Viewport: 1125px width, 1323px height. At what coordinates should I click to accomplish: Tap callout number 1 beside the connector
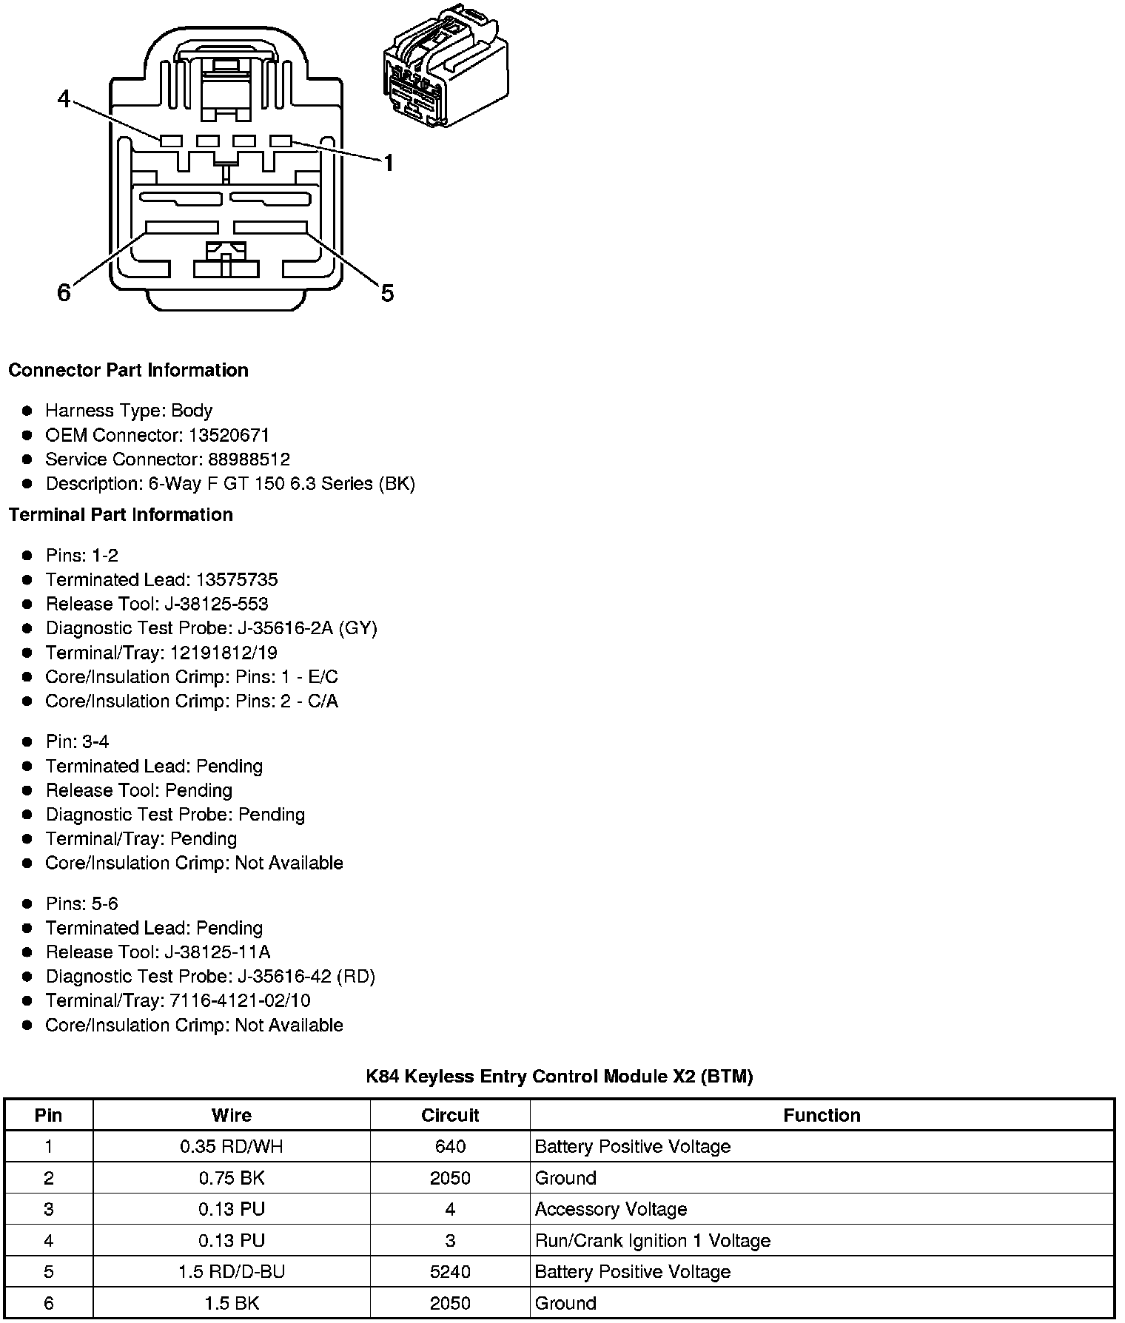[387, 163]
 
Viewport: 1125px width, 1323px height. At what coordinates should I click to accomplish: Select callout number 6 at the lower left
[64, 293]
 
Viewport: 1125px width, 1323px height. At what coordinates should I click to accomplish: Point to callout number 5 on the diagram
[387, 294]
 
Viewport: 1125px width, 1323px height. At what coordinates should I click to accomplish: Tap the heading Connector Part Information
[128, 370]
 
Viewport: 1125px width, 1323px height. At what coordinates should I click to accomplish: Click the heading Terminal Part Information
[121, 514]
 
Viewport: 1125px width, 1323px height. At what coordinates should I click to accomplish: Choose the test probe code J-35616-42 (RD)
[306, 977]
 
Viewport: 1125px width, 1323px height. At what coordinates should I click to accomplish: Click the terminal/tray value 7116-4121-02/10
[241, 1001]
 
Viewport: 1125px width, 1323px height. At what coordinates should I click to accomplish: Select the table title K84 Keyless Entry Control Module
[560, 1076]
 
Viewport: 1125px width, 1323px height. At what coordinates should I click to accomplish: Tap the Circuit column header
[450, 1115]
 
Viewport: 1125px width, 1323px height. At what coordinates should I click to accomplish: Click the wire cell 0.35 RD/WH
[232, 1146]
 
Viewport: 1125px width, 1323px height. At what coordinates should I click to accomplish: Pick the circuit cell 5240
[450, 1271]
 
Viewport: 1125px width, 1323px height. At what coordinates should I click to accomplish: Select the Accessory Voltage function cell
[611, 1209]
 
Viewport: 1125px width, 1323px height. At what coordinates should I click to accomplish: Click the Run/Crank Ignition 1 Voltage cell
[652, 1240]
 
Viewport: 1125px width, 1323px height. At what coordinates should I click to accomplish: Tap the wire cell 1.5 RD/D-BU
[232, 1271]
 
